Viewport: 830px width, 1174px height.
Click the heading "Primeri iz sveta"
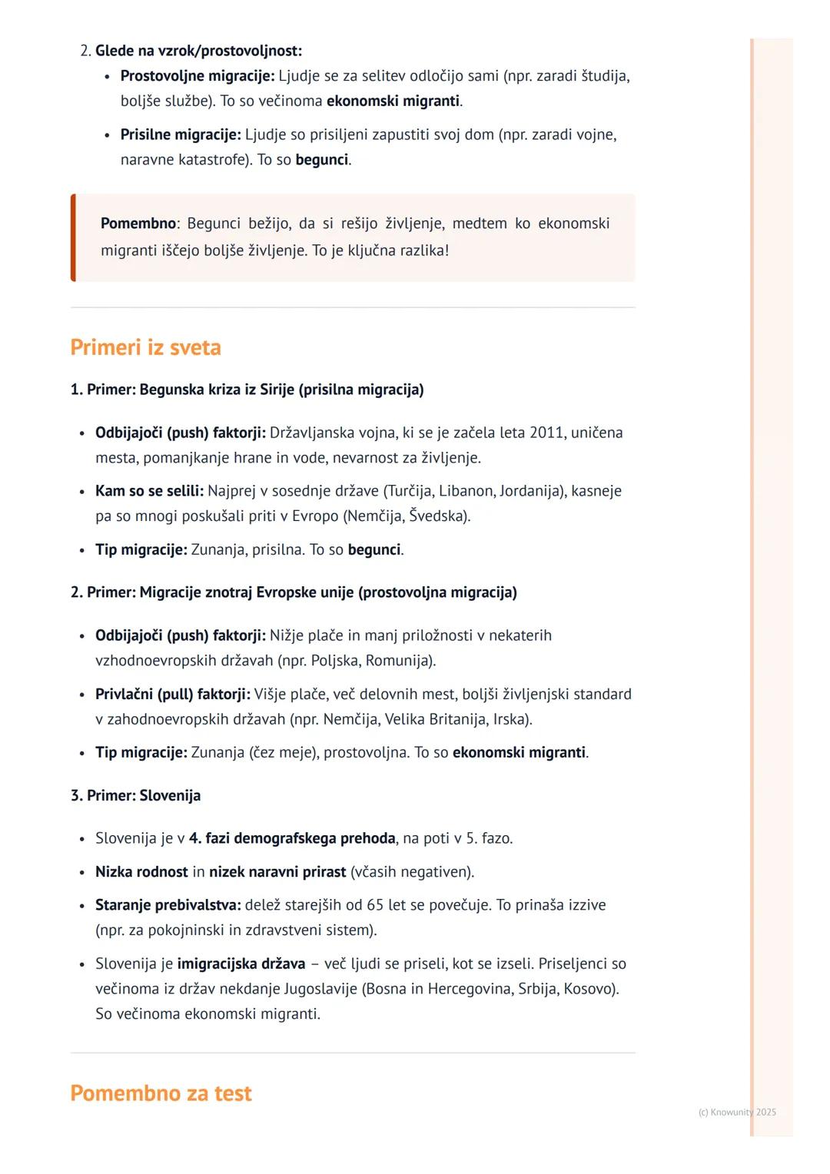tap(145, 347)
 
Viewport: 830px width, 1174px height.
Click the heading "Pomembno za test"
tap(161, 1093)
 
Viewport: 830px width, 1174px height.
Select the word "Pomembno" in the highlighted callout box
tap(138, 224)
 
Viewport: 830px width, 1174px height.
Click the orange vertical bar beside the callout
tap(73, 237)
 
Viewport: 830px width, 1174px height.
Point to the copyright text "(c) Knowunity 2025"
tap(737, 1112)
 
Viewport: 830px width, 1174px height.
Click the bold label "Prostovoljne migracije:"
tap(198, 76)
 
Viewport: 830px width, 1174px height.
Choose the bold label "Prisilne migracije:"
tap(181, 134)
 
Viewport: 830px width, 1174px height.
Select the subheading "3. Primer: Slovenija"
tap(135, 795)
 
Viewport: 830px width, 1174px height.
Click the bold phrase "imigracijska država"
tap(241, 963)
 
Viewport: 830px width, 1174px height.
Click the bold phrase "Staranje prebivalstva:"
tap(168, 905)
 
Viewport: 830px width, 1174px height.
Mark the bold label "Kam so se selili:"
tap(150, 491)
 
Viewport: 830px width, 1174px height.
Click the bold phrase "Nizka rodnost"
tap(141, 872)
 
